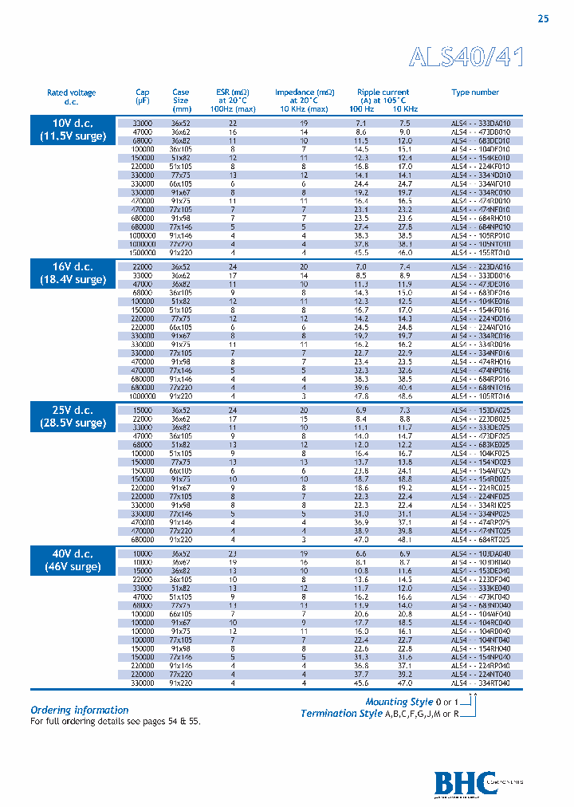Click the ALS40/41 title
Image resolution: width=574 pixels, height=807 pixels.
[466, 57]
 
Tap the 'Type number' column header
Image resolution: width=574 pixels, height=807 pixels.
[475, 93]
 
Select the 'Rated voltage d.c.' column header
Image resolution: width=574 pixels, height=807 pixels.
[72, 97]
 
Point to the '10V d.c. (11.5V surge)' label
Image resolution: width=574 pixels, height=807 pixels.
[73, 130]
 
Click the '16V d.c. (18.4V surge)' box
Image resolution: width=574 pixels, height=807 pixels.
[73, 273]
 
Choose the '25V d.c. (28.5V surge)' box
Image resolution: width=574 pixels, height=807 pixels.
[73, 416]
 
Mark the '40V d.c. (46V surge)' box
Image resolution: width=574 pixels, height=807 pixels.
[73, 560]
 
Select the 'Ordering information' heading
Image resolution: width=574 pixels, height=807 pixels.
[80, 710]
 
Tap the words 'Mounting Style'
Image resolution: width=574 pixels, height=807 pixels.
[399, 702]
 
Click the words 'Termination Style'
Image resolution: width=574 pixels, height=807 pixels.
[342, 714]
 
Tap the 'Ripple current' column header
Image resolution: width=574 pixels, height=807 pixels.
[383, 93]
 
